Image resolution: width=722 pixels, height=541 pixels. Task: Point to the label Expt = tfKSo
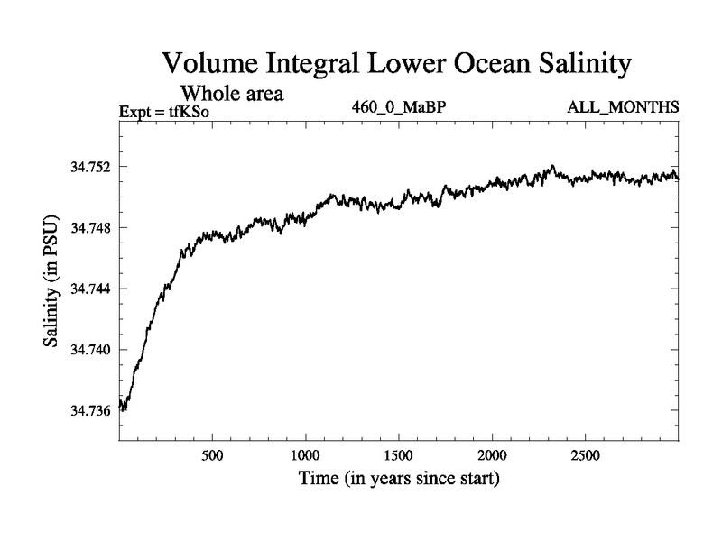coord(170,112)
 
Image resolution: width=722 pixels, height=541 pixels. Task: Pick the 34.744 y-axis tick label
coord(89,289)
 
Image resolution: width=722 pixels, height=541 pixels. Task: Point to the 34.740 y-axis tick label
coord(89,350)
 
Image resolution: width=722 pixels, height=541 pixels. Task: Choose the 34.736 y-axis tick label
coord(89,410)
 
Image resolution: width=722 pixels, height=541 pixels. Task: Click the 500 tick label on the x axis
coord(212,452)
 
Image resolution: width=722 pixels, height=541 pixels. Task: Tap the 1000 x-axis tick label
coord(305,452)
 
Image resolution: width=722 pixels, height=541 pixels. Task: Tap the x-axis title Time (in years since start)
coord(398,477)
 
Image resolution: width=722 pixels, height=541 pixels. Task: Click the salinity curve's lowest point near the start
coord(125,410)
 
